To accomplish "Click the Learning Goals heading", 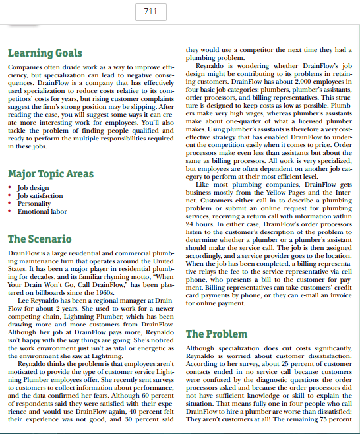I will tap(45, 53).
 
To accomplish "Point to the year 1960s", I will tap(102, 287).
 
